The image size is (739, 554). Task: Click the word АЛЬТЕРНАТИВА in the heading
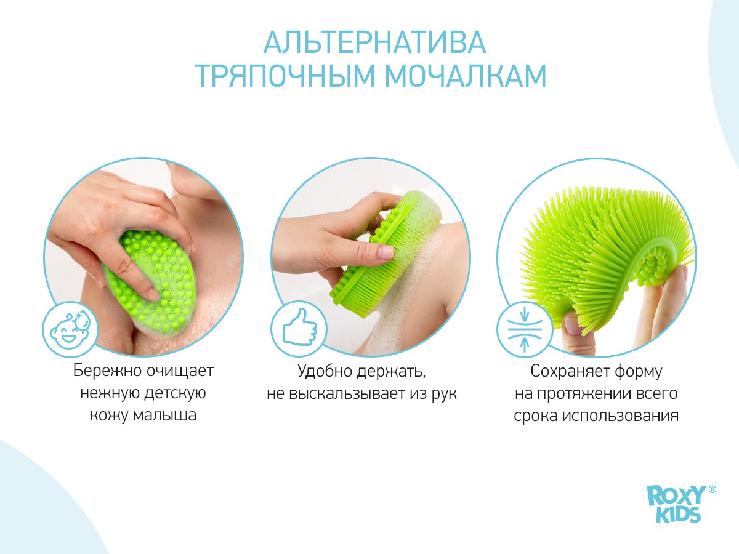tap(374, 42)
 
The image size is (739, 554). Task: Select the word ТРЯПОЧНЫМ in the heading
tap(285, 76)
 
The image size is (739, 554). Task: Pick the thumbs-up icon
tap(299, 329)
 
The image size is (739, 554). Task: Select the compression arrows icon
tap(525, 329)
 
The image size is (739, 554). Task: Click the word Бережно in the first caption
tap(107, 371)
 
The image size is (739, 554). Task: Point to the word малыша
tap(164, 415)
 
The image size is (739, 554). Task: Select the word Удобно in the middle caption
tap(325, 371)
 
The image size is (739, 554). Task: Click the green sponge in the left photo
tap(151, 279)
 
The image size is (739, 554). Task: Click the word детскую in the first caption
tap(175, 393)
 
